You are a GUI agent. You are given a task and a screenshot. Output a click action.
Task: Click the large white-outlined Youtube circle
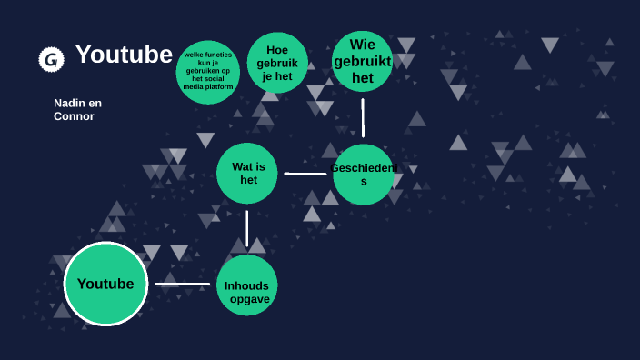click(x=105, y=284)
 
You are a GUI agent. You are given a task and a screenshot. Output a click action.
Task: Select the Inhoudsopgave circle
click(x=247, y=285)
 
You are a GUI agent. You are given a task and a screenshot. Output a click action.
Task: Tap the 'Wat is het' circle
click(x=247, y=173)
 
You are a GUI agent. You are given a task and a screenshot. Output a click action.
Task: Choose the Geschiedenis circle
click(x=364, y=174)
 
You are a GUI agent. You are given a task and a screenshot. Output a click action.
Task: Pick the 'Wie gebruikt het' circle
click(x=362, y=61)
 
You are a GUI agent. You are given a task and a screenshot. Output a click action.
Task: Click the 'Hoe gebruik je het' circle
click(x=277, y=63)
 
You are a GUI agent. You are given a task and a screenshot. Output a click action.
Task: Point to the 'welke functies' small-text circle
click(x=208, y=72)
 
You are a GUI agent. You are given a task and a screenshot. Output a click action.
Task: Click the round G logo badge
click(x=51, y=59)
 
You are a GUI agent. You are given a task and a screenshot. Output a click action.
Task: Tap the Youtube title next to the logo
click(x=124, y=55)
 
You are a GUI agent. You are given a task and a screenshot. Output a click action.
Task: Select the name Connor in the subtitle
click(x=74, y=116)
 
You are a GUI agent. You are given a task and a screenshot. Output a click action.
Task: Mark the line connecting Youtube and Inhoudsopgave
click(x=182, y=284)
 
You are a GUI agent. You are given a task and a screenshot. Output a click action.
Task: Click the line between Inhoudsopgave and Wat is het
click(x=246, y=228)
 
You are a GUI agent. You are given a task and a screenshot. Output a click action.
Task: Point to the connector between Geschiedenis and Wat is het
click(x=305, y=174)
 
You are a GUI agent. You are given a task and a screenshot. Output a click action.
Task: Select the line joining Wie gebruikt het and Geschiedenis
click(x=363, y=117)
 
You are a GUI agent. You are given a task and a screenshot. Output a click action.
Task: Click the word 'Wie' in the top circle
click(x=362, y=45)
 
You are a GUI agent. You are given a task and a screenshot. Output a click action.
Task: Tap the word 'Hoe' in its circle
click(x=277, y=50)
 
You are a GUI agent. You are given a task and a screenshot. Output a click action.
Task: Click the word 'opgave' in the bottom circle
click(x=250, y=299)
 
